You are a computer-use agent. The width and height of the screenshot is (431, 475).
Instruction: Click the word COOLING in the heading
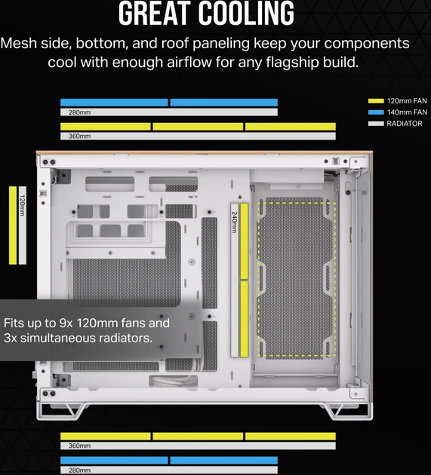(246, 13)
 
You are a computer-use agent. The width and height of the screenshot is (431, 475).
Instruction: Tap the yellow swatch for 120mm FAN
(376, 101)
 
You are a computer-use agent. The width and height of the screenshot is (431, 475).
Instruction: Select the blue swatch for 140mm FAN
(376, 112)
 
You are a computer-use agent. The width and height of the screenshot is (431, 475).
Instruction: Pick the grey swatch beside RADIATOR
(376, 124)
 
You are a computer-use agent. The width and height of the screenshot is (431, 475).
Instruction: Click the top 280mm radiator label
(79, 112)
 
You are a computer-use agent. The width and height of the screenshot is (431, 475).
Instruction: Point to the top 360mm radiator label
(79, 136)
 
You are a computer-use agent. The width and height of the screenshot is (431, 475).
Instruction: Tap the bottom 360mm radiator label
(79, 446)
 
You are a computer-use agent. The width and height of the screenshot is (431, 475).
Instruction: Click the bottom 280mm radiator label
(79, 470)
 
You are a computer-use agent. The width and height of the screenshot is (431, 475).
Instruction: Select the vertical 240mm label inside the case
(235, 222)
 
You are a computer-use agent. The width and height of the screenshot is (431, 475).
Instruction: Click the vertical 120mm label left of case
(23, 205)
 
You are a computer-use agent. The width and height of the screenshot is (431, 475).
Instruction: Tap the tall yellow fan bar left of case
(13, 225)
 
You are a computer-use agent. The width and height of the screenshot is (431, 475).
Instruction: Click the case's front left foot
(60, 411)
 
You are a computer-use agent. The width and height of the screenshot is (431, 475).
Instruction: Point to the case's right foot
(349, 411)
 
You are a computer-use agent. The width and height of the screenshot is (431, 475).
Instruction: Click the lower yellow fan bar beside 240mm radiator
(244, 319)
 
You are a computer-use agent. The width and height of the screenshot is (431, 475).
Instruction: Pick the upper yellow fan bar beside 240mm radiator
(244, 241)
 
